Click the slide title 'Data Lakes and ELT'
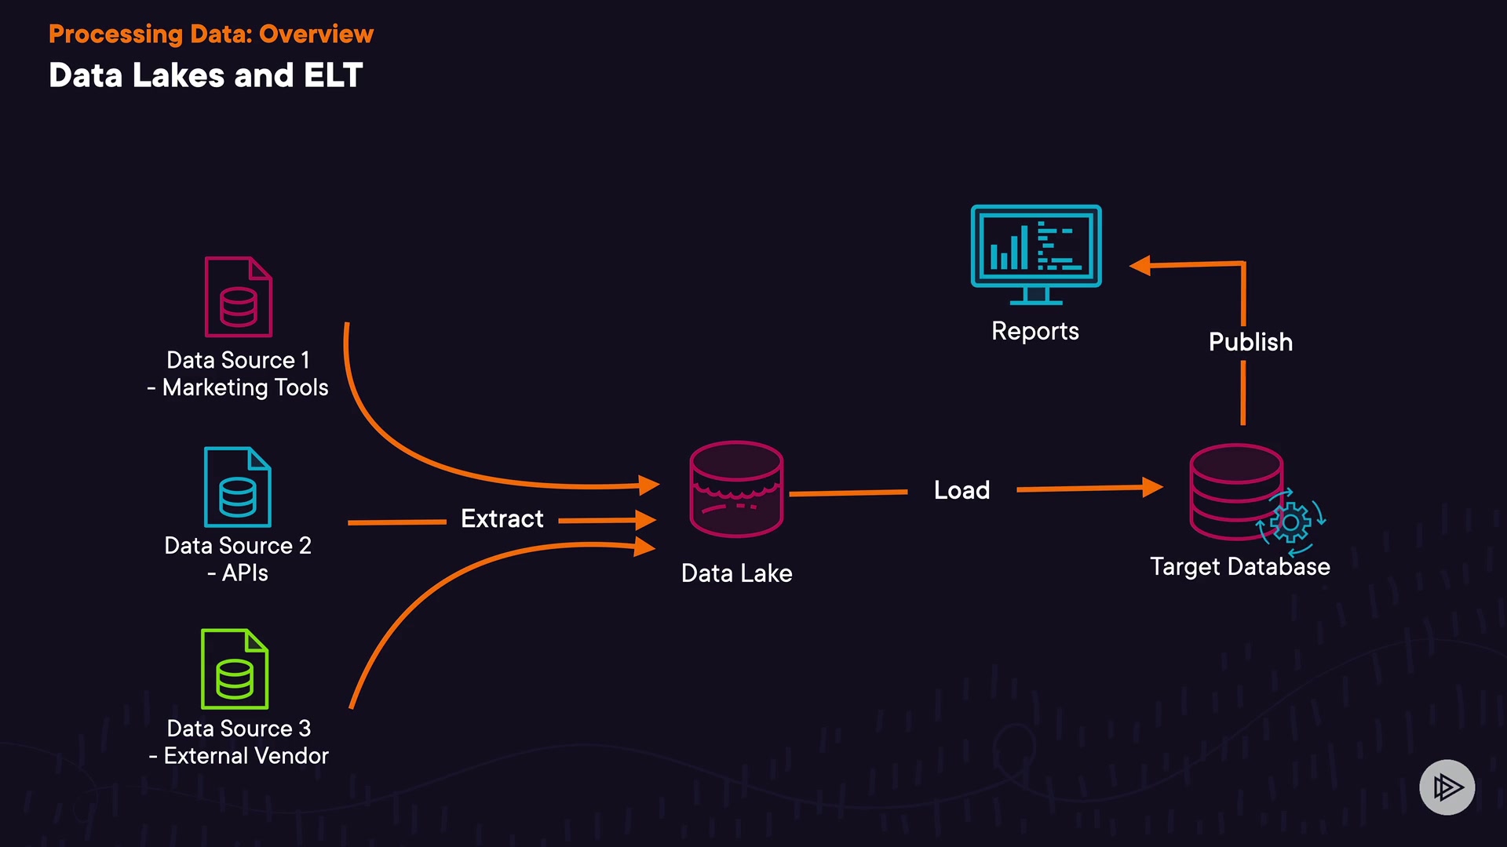206,75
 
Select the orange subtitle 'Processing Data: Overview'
211,34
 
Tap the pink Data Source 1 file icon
239,296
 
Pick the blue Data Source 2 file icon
238,487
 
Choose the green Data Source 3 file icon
235,669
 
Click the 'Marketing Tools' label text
246,387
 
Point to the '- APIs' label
238,573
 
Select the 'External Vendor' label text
246,756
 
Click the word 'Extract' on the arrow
502,518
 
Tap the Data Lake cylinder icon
736,489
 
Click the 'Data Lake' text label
737,573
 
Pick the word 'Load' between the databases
962,490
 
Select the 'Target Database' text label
1240,567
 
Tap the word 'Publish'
1251,342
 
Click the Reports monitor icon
1036,255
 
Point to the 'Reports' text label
1035,332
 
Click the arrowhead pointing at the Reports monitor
1140,266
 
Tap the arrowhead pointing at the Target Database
1152,487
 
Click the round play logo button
1447,787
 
